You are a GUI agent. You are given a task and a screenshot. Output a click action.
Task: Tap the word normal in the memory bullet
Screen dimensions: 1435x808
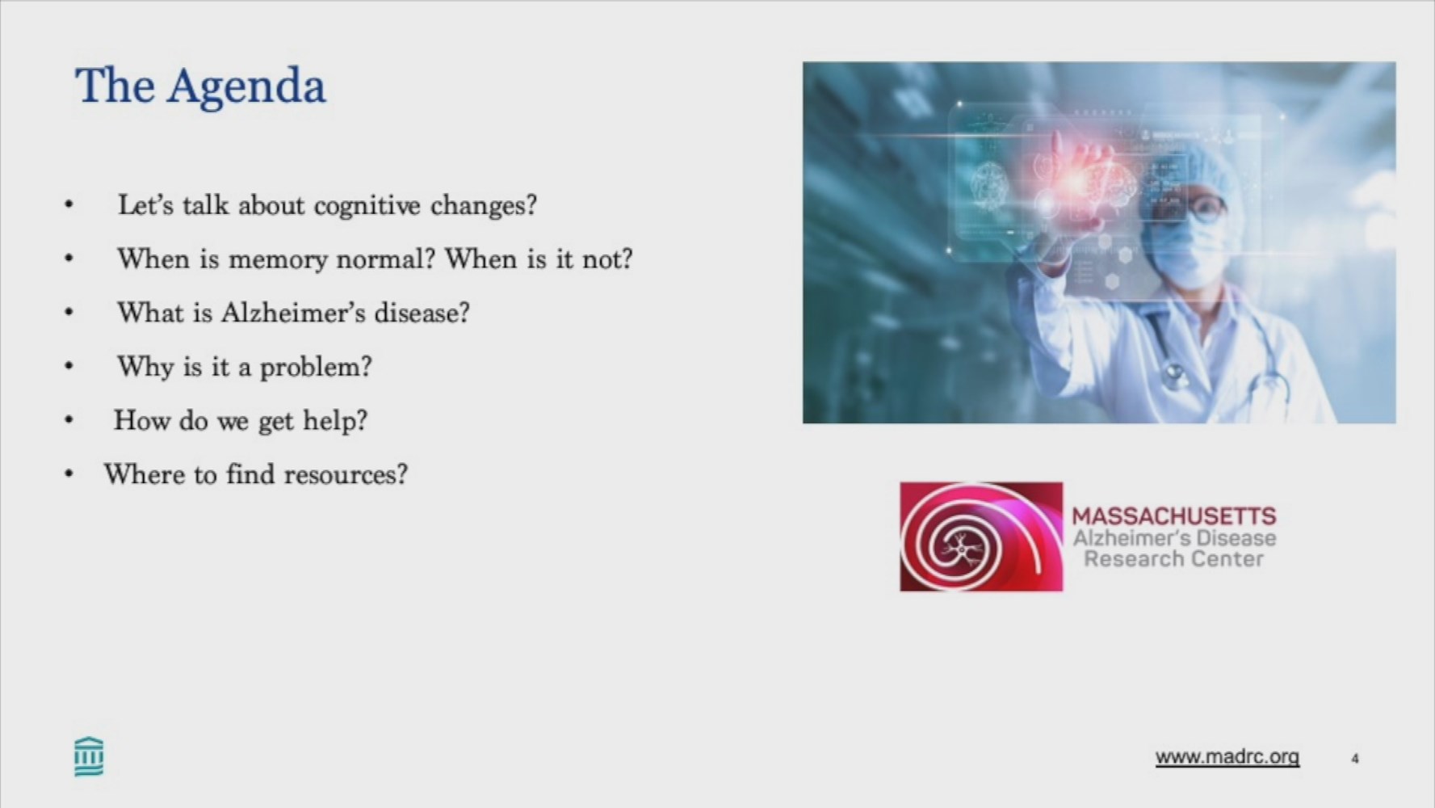[385, 259]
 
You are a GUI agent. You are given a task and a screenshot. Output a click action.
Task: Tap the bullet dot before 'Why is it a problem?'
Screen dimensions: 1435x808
[69, 367]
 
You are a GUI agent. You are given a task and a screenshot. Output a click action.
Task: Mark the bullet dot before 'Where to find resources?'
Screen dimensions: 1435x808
[69, 474]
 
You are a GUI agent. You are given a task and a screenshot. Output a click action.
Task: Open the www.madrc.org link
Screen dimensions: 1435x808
[1227, 757]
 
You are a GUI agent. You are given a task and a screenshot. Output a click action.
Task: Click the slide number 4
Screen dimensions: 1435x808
[1355, 758]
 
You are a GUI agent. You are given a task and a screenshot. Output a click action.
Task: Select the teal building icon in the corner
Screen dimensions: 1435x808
[89, 756]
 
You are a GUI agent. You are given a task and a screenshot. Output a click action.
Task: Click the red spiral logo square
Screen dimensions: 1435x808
[981, 537]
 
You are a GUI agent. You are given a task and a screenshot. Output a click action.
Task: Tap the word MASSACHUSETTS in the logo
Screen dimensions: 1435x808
[1174, 516]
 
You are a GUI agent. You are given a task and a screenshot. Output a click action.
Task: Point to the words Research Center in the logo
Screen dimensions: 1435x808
[1173, 559]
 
